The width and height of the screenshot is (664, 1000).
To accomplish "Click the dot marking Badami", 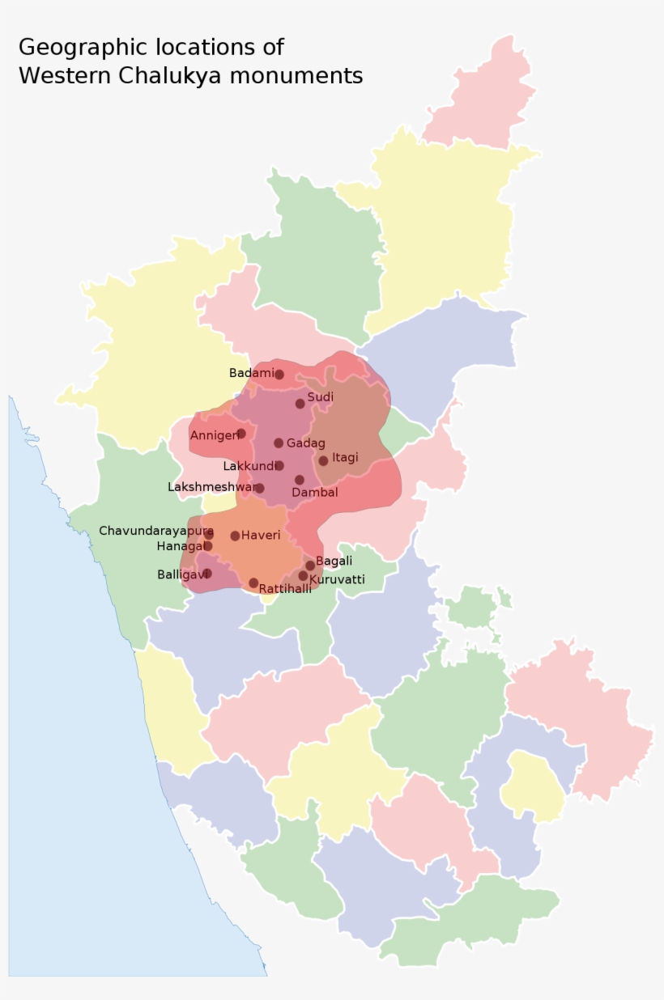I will tap(279, 375).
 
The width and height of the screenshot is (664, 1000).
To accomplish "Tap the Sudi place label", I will tap(320, 397).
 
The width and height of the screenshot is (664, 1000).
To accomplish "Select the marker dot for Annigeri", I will tap(240, 434).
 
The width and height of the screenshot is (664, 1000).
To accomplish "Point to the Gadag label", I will tap(305, 443).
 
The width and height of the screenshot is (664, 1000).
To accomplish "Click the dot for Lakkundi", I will tap(279, 465).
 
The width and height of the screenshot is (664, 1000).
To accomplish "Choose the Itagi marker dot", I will tap(323, 460).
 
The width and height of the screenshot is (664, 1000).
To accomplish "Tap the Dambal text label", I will tap(314, 492).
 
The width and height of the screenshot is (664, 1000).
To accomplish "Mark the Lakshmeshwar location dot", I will tap(259, 488).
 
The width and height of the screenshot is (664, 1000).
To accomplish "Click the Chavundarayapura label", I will tap(155, 531).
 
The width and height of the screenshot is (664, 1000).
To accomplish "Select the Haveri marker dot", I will tap(235, 536).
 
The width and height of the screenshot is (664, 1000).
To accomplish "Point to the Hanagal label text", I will tap(180, 546).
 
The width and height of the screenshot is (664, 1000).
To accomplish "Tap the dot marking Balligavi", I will tap(207, 574).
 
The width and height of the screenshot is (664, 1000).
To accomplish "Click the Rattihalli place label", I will tap(285, 589).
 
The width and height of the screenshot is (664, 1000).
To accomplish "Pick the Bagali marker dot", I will tap(310, 566).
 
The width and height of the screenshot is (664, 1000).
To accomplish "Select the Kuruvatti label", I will tap(337, 579).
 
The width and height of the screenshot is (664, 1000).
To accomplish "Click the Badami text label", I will tap(251, 373).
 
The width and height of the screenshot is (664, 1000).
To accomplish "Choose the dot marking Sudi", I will tap(300, 404).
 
